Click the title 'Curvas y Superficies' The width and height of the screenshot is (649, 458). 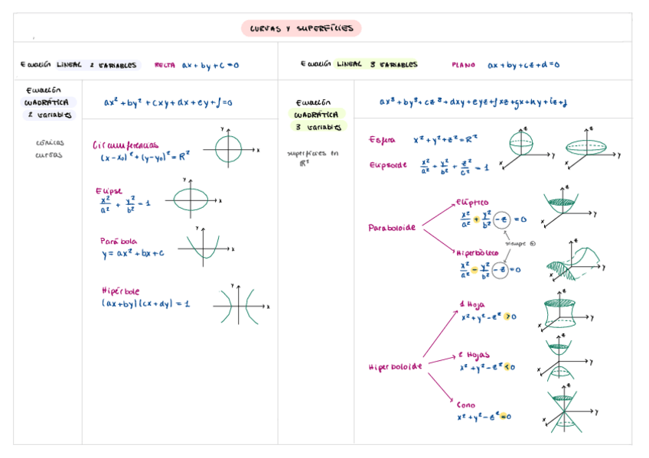pos(302,28)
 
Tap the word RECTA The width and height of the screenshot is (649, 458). pos(165,65)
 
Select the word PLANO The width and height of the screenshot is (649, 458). pos(464,65)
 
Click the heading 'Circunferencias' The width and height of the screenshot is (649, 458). pos(126,144)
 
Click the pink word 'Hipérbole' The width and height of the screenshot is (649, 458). pos(120,291)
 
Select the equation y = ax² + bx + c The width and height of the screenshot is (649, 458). pos(132,253)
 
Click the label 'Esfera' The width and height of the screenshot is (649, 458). pos(383,140)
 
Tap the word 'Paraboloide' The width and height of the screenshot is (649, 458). pos(393,228)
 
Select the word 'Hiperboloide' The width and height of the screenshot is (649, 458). pos(396,366)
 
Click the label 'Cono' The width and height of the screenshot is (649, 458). pos(465,404)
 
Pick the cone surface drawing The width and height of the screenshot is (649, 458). pos(563,411)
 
